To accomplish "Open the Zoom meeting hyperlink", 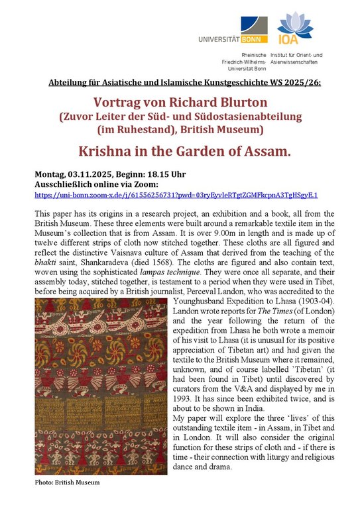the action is pos(176,196).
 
